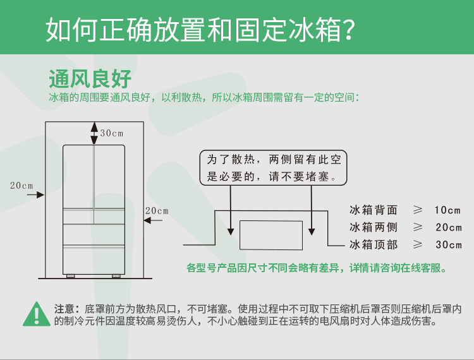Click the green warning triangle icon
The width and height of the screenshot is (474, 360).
(37, 314)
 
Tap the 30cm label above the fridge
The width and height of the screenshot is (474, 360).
(111, 133)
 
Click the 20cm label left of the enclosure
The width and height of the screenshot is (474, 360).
(21, 186)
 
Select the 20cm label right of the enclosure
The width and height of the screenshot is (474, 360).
(157, 210)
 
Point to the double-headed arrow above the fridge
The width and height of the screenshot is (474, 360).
(94, 133)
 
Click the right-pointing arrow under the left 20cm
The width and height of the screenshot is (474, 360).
(35, 195)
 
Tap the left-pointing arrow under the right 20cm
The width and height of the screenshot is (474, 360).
(153, 220)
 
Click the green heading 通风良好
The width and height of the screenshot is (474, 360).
(90, 78)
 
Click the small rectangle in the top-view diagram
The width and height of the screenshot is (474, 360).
(271, 236)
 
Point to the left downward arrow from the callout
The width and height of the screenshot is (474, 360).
(231, 210)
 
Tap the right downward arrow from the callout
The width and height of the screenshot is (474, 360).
(312, 210)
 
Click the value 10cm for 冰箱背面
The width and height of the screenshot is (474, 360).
(447, 210)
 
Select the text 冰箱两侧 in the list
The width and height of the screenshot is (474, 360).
(374, 227)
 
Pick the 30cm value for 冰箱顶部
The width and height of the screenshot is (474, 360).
(449, 244)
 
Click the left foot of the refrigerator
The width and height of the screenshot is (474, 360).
(70, 276)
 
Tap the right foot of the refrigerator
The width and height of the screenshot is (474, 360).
(116, 276)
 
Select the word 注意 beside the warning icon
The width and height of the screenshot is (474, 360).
(64, 309)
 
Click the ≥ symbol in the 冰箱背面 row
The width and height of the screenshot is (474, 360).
(418, 210)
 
